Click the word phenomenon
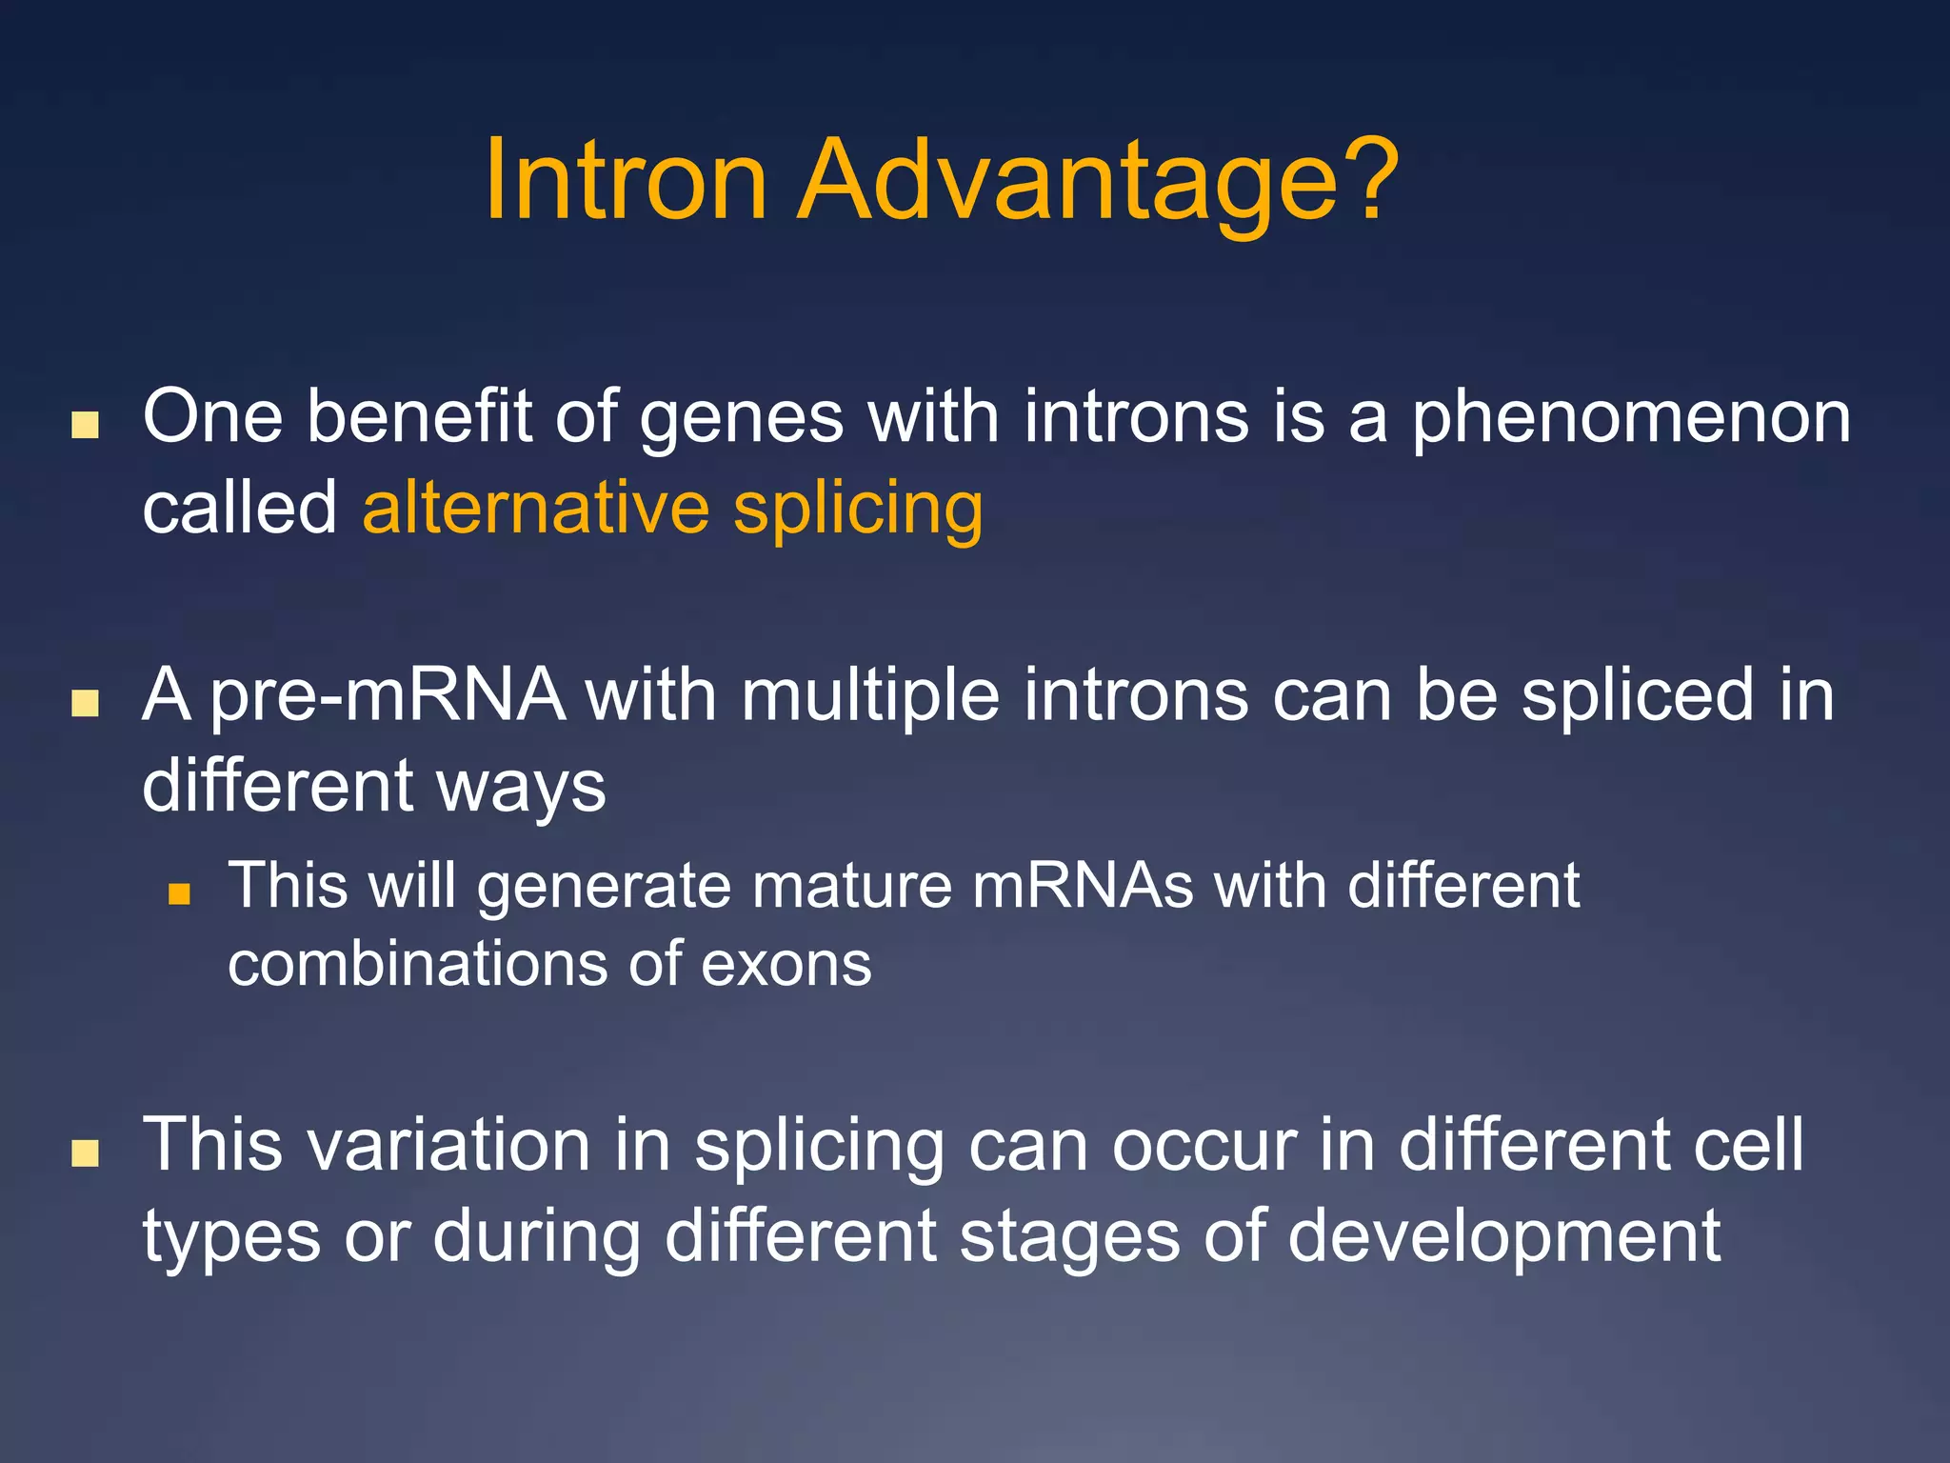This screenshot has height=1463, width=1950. coord(1631,420)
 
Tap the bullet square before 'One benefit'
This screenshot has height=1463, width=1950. coord(86,425)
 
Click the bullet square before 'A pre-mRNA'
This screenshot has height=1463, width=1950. coord(86,703)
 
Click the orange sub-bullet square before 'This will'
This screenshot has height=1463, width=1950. coord(179,893)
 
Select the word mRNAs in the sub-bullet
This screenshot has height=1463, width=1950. coord(1083,886)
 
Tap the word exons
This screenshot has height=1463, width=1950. coord(786,965)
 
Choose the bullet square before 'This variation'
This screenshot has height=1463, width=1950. coord(86,1153)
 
